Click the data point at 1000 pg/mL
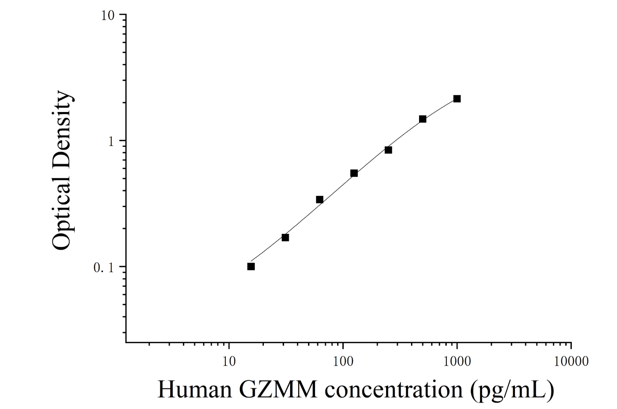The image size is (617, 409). (457, 99)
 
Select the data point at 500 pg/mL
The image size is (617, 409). (422, 119)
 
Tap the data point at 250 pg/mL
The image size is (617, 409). (388, 150)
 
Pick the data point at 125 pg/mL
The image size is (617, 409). (354, 173)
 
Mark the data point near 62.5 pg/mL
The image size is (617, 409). (319, 200)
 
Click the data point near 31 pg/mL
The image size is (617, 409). (285, 238)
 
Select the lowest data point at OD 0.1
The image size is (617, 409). (251, 266)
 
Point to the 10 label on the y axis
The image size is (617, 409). (108, 16)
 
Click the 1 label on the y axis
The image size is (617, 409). (111, 142)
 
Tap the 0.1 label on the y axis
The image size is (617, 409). (104, 268)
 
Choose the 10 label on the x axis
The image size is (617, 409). (229, 361)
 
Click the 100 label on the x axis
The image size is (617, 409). (343, 361)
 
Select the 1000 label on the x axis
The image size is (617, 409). (457, 361)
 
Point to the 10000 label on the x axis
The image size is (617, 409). (571, 361)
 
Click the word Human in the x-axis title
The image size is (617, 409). (195, 390)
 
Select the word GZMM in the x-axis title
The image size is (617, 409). (278, 390)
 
